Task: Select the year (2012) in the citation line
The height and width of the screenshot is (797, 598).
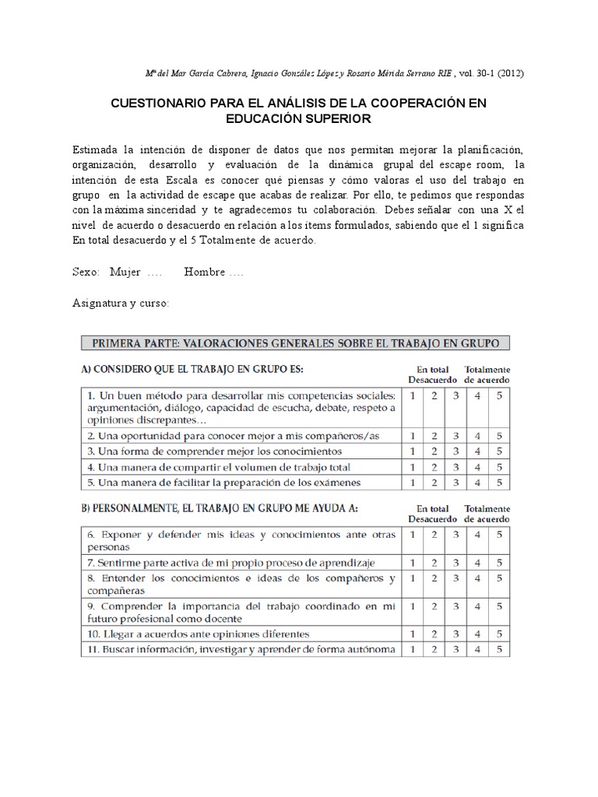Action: click(507, 73)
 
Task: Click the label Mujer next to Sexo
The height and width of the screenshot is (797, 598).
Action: click(125, 272)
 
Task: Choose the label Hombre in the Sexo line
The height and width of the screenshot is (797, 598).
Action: click(205, 272)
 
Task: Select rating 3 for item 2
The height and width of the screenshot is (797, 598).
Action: click(456, 436)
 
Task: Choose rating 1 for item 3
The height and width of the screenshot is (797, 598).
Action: click(412, 451)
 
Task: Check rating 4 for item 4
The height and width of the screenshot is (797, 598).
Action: click(477, 467)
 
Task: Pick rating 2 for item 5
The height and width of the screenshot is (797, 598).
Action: click(434, 483)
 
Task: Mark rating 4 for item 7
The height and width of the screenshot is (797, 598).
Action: click(477, 562)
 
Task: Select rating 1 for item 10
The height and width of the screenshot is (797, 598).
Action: click(412, 634)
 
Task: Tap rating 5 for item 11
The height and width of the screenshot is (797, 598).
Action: click(498, 649)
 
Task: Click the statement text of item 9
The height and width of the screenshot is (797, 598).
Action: click(241, 612)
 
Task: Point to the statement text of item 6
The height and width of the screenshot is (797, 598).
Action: click(241, 540)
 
